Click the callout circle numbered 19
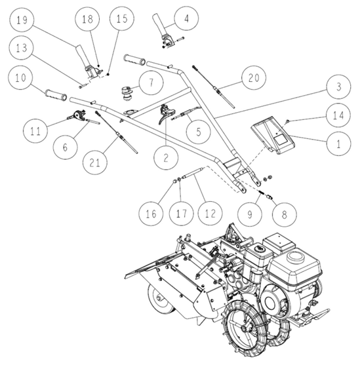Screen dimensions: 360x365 tap(22, 20)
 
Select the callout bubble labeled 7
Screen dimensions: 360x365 tap(151, 83)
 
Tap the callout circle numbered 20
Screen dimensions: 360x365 tap(254, 77)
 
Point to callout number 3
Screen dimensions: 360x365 tap(339, 86)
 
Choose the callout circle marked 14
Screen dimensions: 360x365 tap(338, 115)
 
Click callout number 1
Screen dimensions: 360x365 tap(339, 143)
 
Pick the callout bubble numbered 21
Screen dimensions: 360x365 tap(95, 163)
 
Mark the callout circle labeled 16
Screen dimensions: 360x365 tap(151, 214)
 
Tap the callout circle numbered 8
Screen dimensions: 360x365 tap(285, 214)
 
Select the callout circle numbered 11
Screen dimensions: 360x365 tap(35, 131)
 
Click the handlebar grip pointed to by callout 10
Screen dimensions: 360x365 tap(56, 96)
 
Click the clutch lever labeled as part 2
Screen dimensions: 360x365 tap(166, 113)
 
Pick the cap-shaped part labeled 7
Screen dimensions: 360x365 tap(127, 92)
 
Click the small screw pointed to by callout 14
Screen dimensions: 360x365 tap(287, 121)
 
